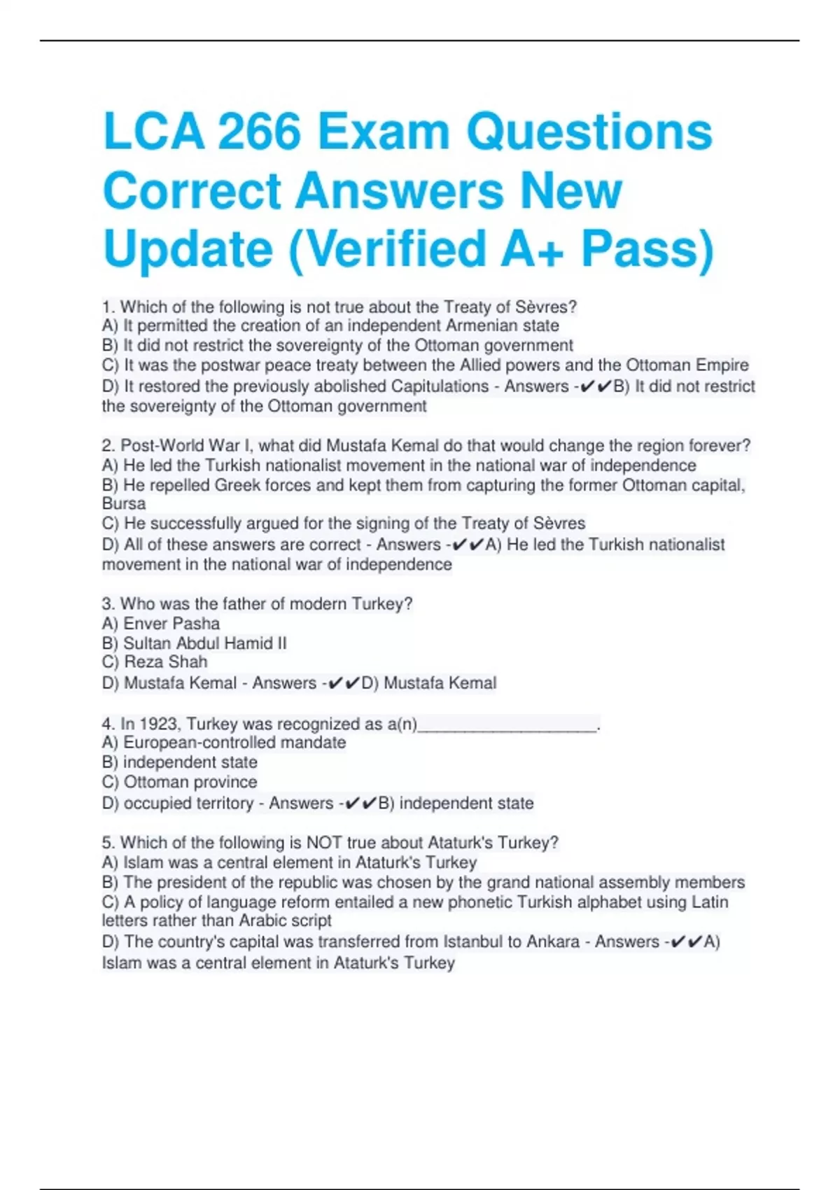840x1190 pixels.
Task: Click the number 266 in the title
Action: click(x=258, y=132)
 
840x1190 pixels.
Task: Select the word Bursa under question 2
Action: click(x=124, y=503)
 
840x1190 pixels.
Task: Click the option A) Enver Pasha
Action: click(x=161, y=623)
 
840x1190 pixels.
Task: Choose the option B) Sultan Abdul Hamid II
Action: click(x=194, y=643)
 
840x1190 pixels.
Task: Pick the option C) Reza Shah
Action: click(x=155, y=661)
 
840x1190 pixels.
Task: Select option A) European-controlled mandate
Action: click(x=224, y=742)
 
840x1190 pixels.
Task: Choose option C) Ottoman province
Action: click(x=179, y=781)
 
